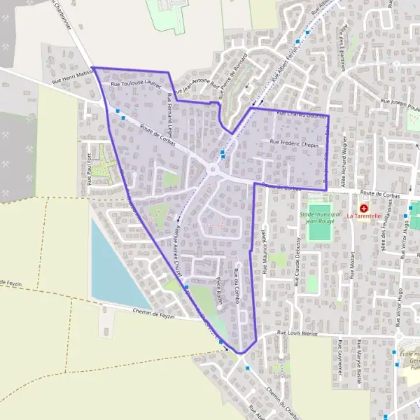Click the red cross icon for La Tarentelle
(x=364, y=208)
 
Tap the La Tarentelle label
(x=364, y=216)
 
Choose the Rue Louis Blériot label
(x=297, y=334)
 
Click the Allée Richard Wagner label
(x=345, y=160)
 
